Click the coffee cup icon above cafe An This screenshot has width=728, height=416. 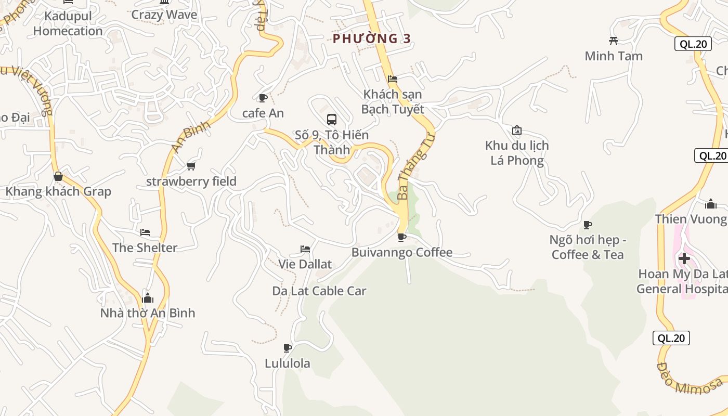pos(263,98)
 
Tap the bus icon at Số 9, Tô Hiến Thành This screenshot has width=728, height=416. pos(331,120)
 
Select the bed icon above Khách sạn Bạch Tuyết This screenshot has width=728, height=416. pos(393,79)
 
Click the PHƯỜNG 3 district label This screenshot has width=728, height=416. pos(372,38)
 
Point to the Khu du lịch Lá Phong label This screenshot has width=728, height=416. pos(517,153)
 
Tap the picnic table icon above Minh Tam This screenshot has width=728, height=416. pos(614,41)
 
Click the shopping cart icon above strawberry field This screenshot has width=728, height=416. pos(191,166)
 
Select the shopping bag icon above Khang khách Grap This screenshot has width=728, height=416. pos(58,177)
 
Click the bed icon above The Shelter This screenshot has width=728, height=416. pos(145,232)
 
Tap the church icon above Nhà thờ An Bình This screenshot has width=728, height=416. pos(148,298)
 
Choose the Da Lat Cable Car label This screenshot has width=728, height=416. pos(319,291)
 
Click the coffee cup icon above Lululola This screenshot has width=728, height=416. pos(287,348)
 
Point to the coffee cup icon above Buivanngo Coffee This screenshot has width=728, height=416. pos(402,238)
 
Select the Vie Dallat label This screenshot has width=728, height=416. pos(305,264)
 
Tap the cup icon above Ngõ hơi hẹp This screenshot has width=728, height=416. pos(588,225)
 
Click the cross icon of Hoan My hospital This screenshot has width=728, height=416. pos(684,258)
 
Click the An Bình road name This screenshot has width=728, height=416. pos(191,136)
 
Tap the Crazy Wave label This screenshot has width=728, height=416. pos(164,15)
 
